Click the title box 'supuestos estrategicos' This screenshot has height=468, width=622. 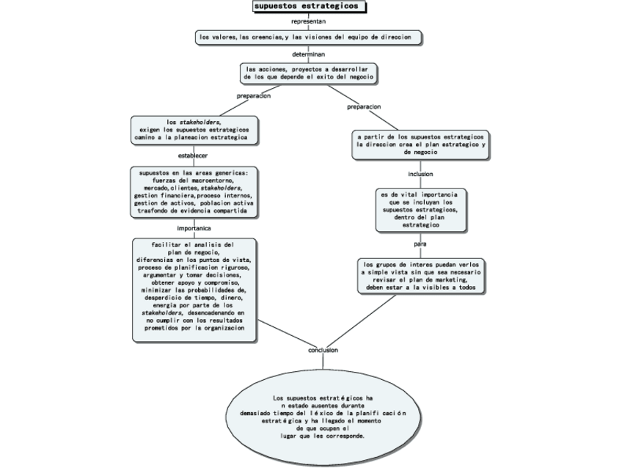(x=308, y=7)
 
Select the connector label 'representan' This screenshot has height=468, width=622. (x=309, y=21)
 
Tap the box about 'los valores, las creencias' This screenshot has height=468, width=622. (x=308, y=37)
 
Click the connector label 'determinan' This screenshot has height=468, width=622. (x=309, y=54)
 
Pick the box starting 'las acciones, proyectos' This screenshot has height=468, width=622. (x=308, y=73)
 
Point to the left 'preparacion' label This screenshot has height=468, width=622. (x=254, y=96)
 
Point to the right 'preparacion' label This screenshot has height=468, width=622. (x=364, y=106)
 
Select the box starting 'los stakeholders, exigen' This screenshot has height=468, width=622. (x=194, y=130)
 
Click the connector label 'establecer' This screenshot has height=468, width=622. (x=194, y=156)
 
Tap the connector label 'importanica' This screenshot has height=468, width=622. (x=194, y=228)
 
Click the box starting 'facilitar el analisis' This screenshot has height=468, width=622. (x=194, y=289)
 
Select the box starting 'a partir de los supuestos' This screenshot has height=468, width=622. (x=420, y=145)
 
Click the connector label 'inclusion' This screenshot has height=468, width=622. (x=420, y=174)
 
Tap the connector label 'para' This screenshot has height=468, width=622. (x=420, y=244)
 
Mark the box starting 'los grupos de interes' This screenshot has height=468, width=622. (x=420, y=277)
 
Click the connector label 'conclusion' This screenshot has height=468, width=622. (x=323, y=350)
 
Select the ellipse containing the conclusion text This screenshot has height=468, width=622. (x=323, y=416)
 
